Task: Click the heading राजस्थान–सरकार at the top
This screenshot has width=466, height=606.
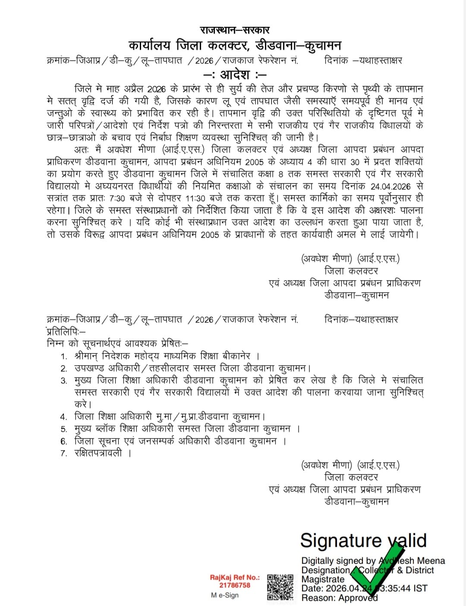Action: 235,30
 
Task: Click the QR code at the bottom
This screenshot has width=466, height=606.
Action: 280,587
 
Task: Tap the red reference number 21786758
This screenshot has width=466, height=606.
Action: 235,585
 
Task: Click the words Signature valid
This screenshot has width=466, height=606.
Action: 363,540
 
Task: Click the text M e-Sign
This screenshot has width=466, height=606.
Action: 225,595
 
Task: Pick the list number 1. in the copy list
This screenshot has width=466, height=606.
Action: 64,357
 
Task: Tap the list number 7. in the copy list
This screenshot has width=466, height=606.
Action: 64,453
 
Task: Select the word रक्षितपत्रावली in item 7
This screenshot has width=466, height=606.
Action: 98,453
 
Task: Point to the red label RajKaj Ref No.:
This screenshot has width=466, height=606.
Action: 235,578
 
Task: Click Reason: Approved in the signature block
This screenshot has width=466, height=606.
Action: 339,598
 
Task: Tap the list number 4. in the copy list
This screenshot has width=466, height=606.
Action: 64,417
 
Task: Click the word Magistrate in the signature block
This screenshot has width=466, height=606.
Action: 323,579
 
